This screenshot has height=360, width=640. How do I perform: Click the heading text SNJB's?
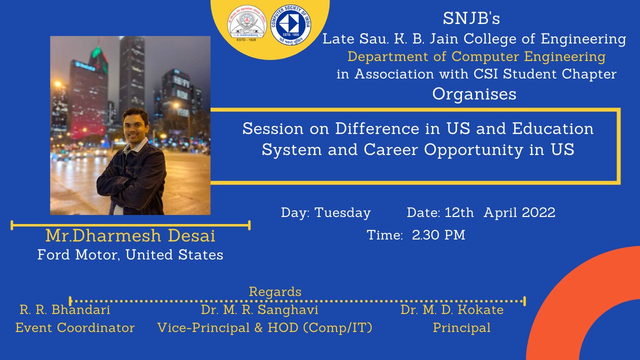click(471, 18)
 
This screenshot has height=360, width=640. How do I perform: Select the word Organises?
click(474, 94)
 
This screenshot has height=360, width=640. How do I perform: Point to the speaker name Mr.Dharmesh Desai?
click(130, 235)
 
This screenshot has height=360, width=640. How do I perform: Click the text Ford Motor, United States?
click(130, 254)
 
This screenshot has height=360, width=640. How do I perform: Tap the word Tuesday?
click(342, 213)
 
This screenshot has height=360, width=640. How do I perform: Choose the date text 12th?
click(459, 212)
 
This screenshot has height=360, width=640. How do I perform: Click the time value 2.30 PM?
click(438, 235)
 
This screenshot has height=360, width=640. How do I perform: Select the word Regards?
click(275, 292)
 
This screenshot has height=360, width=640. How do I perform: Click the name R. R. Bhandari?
click(65, 309)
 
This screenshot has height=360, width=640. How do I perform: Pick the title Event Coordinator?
click(75, 327)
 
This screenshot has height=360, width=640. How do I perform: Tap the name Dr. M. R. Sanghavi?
click(259, 310)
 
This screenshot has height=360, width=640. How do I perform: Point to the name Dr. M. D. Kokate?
click(452, 309)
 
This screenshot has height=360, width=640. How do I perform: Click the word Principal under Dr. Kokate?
click(461, 328)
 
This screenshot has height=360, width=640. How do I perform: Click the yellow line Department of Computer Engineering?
click(476, 57)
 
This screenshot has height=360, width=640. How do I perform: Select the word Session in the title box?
click(273, 128)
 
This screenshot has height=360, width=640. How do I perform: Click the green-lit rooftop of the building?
click(97, 55)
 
